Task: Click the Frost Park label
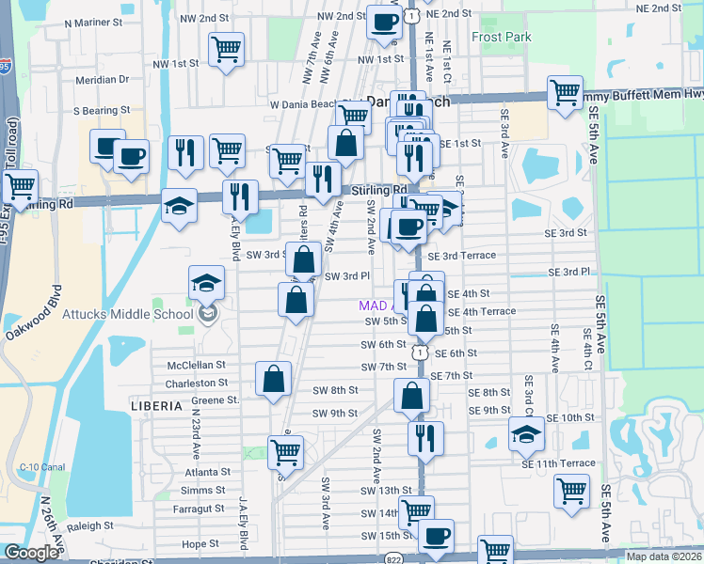502,38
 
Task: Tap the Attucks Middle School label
127,314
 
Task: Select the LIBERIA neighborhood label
156,406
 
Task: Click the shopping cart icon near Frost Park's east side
565,93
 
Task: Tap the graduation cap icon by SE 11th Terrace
526,433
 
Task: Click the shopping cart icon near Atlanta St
285,451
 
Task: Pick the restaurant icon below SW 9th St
426,437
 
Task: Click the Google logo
30,553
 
